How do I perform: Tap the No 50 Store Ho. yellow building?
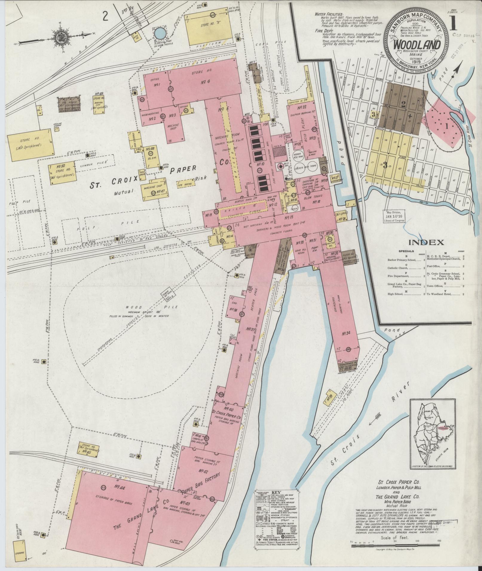[62, 172]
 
